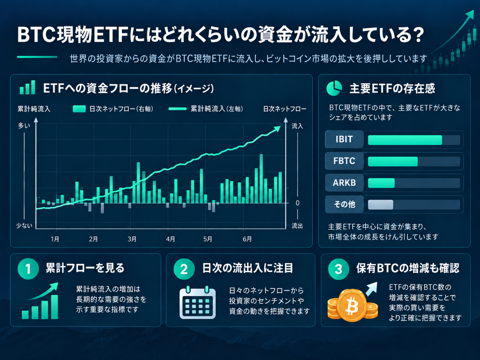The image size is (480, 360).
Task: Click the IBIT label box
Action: tap(344, 139)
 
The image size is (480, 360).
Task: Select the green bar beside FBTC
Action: tap(393, 161)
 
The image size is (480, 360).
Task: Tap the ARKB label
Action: tap(344, 183)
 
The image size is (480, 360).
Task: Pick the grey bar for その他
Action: tap(381, 205)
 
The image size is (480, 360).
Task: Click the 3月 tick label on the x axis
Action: tap(132, 239)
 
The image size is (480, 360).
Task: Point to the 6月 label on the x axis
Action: tap(247, 239)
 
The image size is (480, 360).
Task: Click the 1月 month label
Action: tap(55, 239)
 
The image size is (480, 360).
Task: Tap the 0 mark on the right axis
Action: tap(297, 203)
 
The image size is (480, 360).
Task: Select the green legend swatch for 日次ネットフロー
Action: tap(79, 109)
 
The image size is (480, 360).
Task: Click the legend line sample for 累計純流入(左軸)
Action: tap(178, 109)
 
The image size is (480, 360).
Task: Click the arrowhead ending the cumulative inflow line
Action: tap(277, 129)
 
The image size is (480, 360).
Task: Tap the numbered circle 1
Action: tap(28, 269)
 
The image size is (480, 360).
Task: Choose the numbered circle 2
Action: tap(184, 269)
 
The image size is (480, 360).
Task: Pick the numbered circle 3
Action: tap(339, 269)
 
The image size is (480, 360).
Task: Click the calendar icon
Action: tap(198, 302)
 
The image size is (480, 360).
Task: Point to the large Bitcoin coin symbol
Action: tap(352, 305)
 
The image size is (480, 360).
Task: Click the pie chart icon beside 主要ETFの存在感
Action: tap(334, 88)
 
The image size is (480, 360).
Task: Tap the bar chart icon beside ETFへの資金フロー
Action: tap(27, 87)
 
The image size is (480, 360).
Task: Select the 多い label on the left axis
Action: tap(24, 126)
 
